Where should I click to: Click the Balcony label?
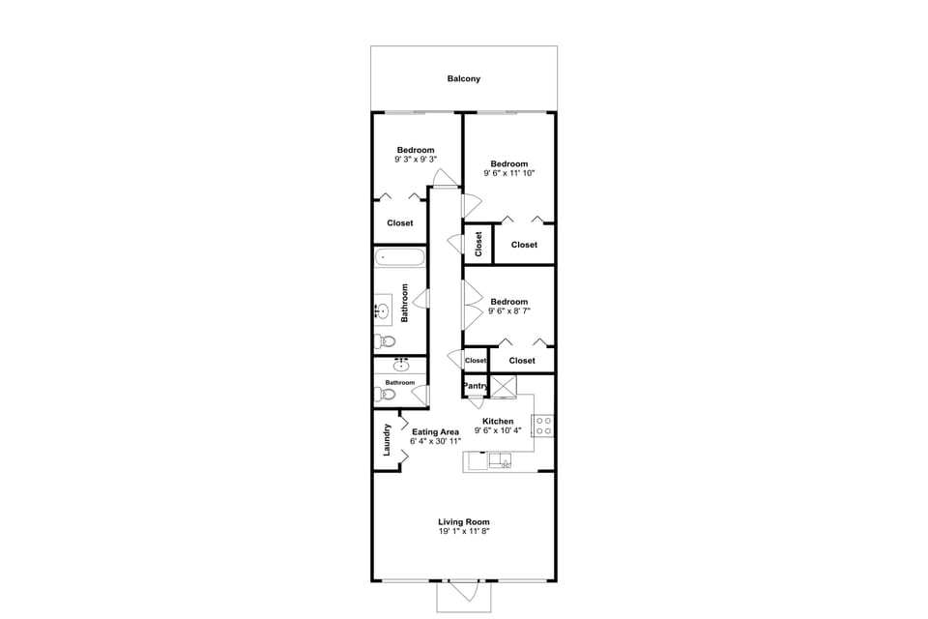point(463,78)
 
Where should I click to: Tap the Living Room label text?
point(464,522)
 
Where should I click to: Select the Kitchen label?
point(498,421)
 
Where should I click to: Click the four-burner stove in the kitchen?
point(542,425)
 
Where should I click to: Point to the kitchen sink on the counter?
point(501,459)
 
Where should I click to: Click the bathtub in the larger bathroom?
point(400,257)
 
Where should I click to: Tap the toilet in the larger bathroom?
point(386,341)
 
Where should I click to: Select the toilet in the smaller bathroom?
point(387,395)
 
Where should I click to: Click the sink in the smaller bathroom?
point(401,365)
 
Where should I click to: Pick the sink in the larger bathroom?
point(383,311)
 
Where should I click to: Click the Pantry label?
point(475,386)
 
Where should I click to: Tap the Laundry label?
point(387,439)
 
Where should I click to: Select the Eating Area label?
point(435,431)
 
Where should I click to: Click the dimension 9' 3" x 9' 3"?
point(415,160)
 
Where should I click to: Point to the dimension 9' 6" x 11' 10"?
point(508,173)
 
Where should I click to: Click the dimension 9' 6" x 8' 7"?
point(508,310)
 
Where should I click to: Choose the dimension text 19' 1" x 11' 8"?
point(464,532)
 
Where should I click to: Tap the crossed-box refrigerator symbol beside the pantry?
point(504,386)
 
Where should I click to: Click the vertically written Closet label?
point(478,244)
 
